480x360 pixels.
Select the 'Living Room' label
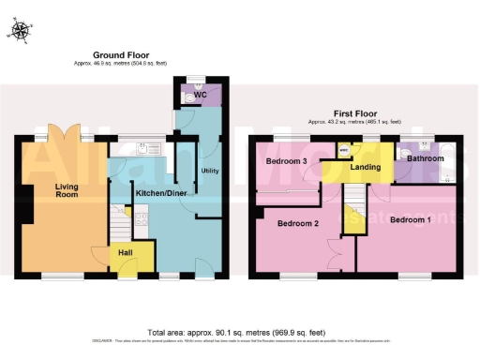coord(66,191)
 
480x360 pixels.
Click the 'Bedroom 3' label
coord(286,161)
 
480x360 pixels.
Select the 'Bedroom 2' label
coord(298,224)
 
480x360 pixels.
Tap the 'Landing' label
coord(365,168)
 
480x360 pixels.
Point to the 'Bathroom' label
coord(425,159)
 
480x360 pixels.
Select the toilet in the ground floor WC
coord(188,94)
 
